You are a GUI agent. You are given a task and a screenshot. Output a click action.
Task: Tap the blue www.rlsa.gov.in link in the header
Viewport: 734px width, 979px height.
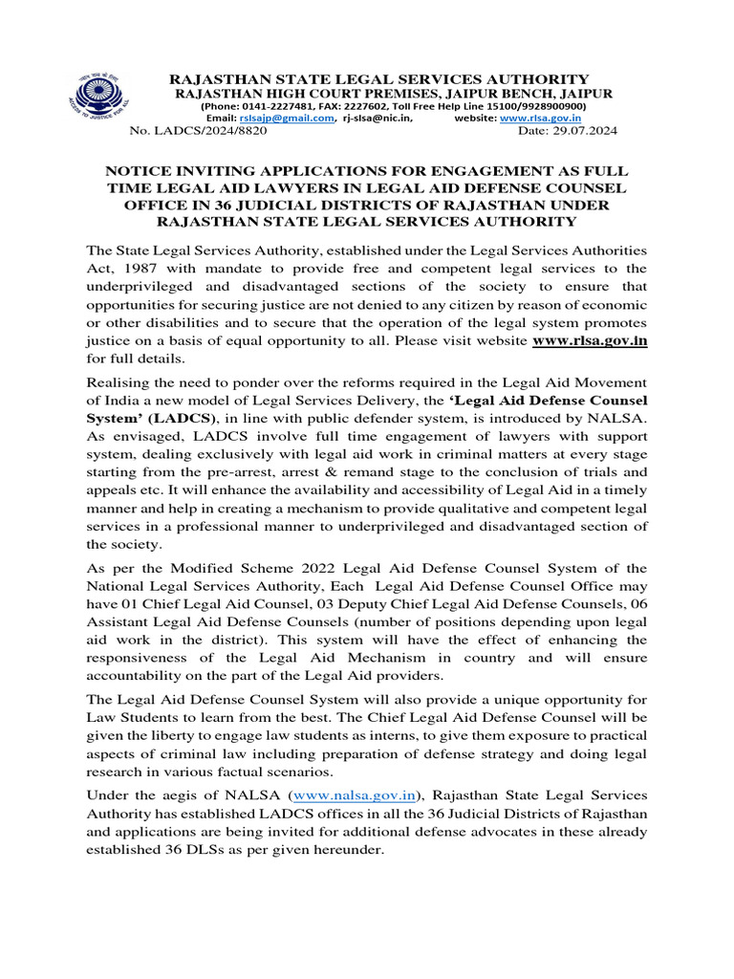point(543,119)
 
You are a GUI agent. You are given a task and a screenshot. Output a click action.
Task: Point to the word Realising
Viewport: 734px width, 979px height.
point(119,382)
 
